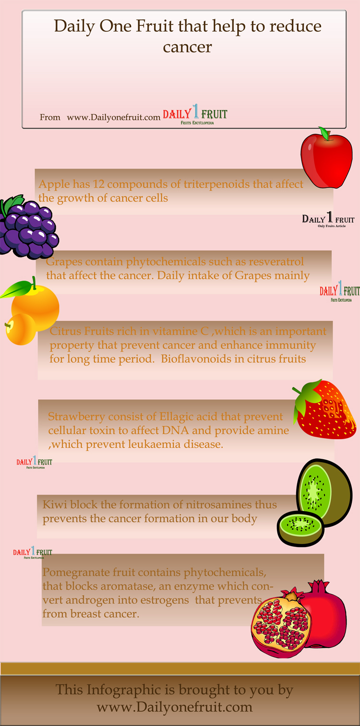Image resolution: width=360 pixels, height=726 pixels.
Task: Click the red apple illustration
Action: (326, 159)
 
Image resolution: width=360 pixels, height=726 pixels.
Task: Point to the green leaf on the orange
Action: (16, 289)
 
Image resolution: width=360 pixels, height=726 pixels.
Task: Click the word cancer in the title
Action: (188, 48)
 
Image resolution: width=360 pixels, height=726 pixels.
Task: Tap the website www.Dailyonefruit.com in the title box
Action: (113, 118)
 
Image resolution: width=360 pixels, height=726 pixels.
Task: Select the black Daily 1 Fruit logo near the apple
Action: (328, 219)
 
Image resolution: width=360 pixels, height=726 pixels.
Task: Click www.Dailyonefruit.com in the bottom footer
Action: (175, 707)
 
